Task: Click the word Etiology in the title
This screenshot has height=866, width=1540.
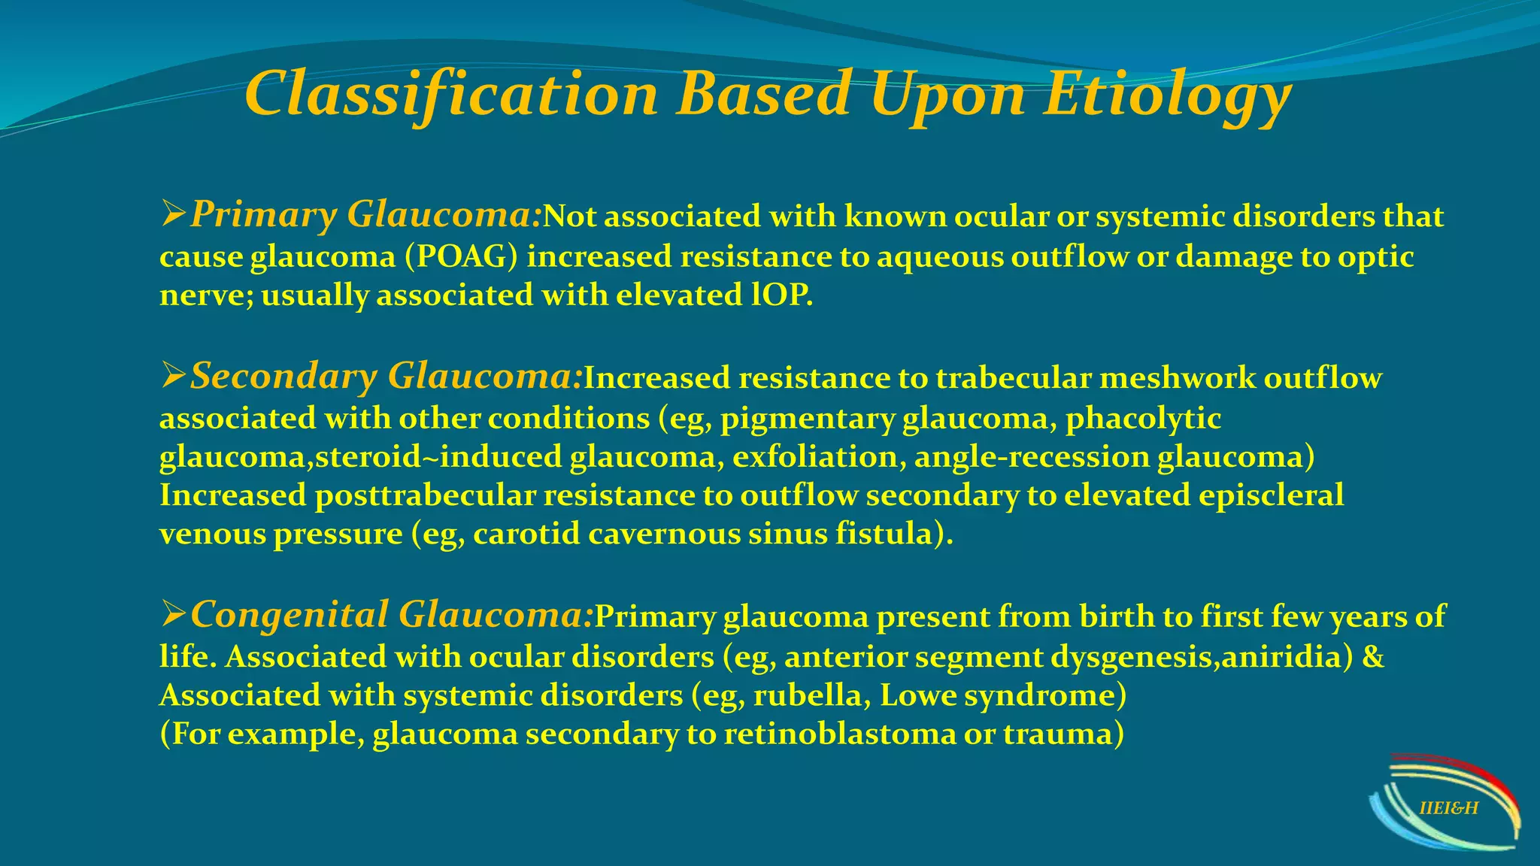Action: click(1167, 96)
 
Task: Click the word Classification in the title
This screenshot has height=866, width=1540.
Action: click(451, 96)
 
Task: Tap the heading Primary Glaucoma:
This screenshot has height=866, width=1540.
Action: click(365, 215)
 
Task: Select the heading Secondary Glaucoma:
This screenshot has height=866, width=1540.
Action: click(386, 376)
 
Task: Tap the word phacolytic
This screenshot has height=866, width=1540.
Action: click(1143, 419)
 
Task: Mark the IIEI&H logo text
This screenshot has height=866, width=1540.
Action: click(1448, 809)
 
